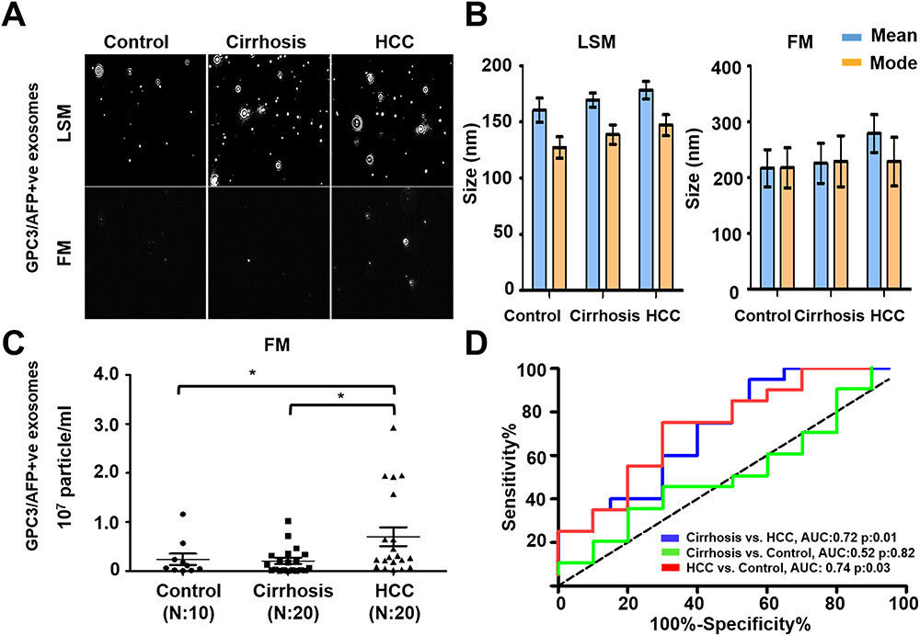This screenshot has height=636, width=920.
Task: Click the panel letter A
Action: coord(14,17)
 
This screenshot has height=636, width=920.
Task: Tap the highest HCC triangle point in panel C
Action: coord(393,427)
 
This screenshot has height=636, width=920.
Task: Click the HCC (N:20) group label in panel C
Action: coord(394,593)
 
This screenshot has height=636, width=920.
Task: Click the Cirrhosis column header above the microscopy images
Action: coord(268,42)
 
